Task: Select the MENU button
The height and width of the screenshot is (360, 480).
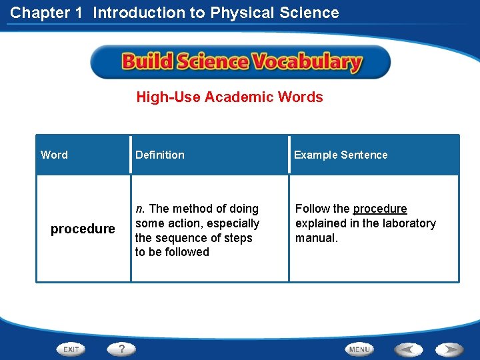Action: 359,349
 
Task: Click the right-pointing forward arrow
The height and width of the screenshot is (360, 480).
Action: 450,349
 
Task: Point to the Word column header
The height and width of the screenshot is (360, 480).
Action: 54,155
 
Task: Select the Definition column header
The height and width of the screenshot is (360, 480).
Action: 160,155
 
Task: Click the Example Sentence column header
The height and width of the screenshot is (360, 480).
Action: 341,155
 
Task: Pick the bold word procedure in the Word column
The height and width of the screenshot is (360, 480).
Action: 83,229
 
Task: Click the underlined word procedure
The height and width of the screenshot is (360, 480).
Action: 380,209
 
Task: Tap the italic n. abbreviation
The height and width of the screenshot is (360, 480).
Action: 139,209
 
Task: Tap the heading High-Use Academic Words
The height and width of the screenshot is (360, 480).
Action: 229,97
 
